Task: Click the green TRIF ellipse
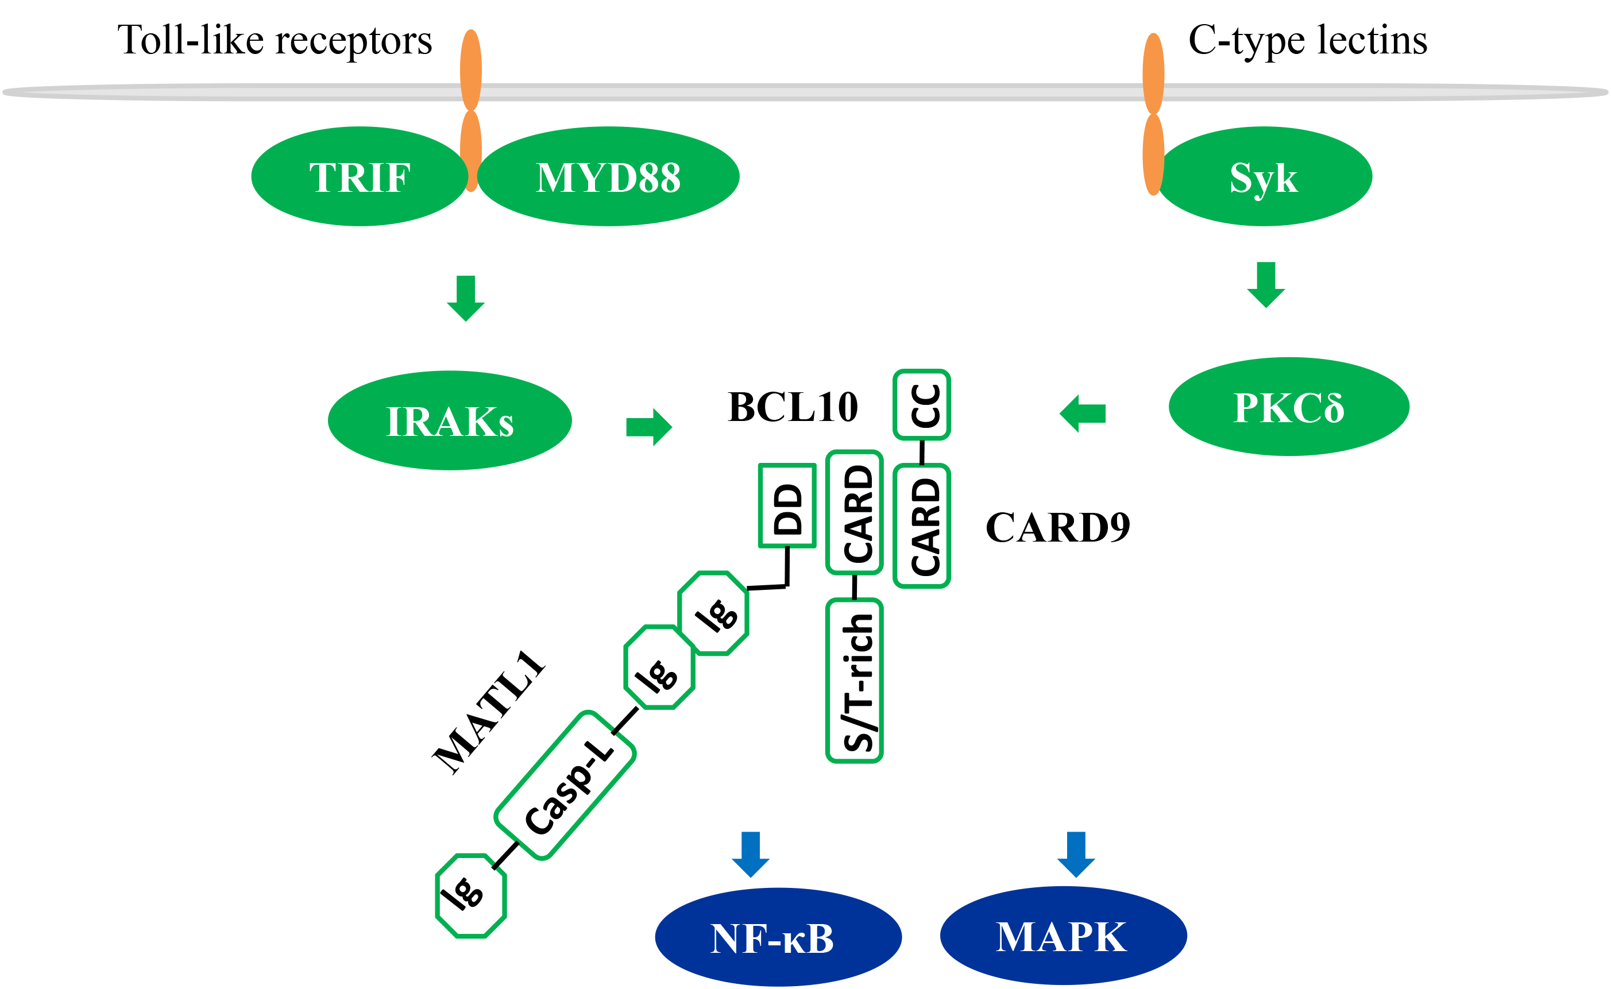[359, 177]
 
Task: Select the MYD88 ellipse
[608, 177]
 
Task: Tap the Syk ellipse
[1264, 177]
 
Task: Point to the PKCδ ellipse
[1289, 407]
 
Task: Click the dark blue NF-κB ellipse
[778, 937]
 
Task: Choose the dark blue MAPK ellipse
[1063, 936]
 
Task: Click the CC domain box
[922, 405]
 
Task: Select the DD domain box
[787, 505]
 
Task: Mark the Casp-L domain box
[565, 786]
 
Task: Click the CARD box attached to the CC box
[922, 526]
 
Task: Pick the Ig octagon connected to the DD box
[713, 613]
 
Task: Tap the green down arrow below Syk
[1266, 284]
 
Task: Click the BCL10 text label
[793, 407]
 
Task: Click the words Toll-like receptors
[275, 41]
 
